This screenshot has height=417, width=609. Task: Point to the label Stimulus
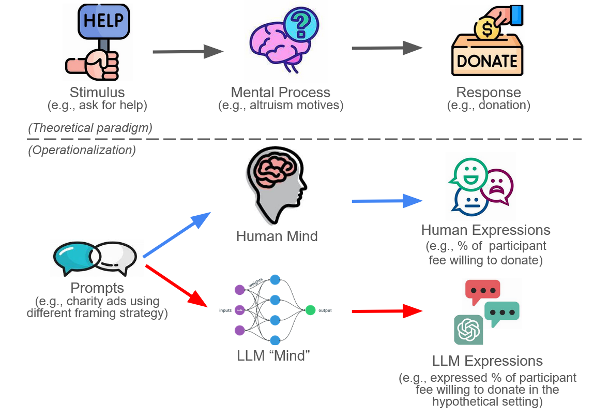tap(97, 93)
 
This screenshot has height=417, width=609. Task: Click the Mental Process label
tap(280, 93)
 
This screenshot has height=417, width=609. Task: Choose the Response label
tap(488, 93)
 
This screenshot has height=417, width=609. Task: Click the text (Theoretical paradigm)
tap(90, 128)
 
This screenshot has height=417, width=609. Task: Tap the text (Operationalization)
tap(81, 150)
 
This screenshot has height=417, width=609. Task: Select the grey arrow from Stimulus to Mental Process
tap(188, 52)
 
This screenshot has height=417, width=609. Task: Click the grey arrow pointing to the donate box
tap(387, 48)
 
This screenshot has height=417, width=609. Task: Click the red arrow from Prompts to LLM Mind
tap(178, 285)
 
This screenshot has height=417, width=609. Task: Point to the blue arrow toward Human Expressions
tap(387, 201)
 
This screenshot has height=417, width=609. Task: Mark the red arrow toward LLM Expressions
tap(387, 311)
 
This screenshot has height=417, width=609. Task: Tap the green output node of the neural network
tap(310, 310)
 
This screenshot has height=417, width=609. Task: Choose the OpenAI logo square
tap(468, 330)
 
